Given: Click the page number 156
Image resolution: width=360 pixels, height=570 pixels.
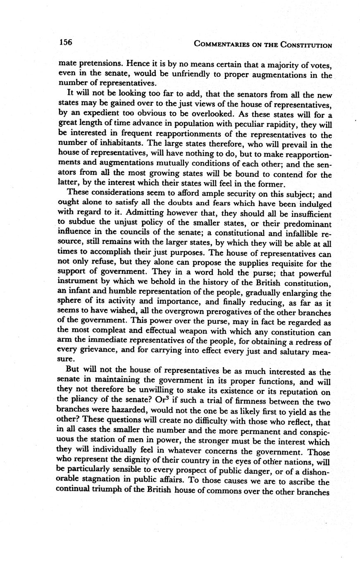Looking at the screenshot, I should [x=66, y=43].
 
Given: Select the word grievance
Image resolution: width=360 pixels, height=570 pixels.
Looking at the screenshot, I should [x=100, y=352].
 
